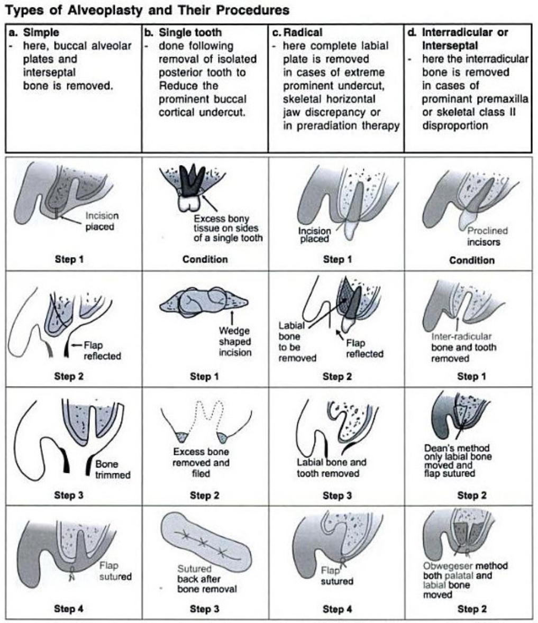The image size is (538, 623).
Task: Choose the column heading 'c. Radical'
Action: pos(302,32)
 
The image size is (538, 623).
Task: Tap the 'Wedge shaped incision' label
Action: pos(234,341)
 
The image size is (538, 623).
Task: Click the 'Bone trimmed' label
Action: pos(112,469)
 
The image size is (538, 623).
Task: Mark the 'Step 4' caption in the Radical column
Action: pos(337,609)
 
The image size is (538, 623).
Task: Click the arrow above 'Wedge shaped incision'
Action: pos(232,317)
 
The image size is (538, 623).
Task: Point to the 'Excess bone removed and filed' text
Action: pos(201,463)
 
